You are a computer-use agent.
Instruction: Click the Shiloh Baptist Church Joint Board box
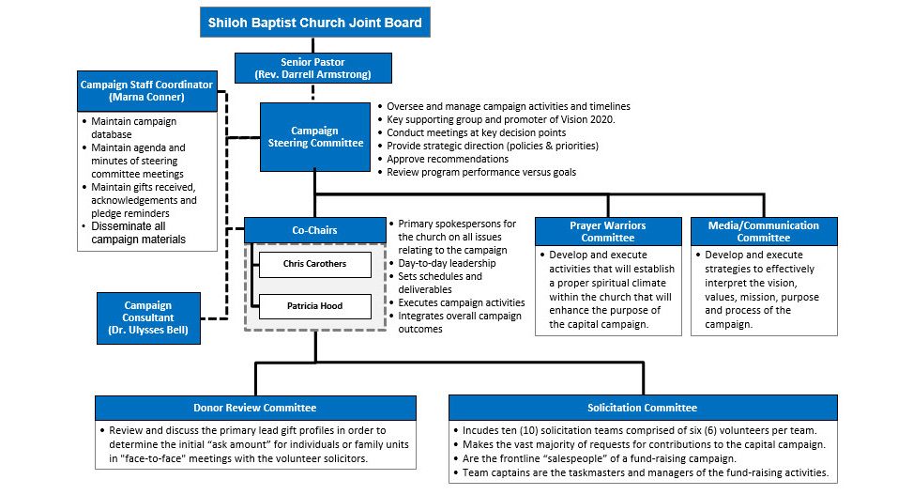click(314, 23)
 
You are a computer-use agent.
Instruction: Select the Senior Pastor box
click(314, 68)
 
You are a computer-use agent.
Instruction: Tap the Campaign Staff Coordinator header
click(146, 91)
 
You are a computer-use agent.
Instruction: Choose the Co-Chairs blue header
click(314, 229)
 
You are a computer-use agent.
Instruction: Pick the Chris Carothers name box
click(314, 264)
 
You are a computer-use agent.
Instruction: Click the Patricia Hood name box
click(314, 306)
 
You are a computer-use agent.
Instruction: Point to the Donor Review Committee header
click(255, 408)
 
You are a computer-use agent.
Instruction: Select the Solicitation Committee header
click(642, 408)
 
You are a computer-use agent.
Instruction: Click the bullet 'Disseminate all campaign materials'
click(138, 233)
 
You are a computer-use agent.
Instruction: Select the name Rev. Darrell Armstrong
click(314, 74)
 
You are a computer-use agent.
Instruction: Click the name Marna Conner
click(146, 98)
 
